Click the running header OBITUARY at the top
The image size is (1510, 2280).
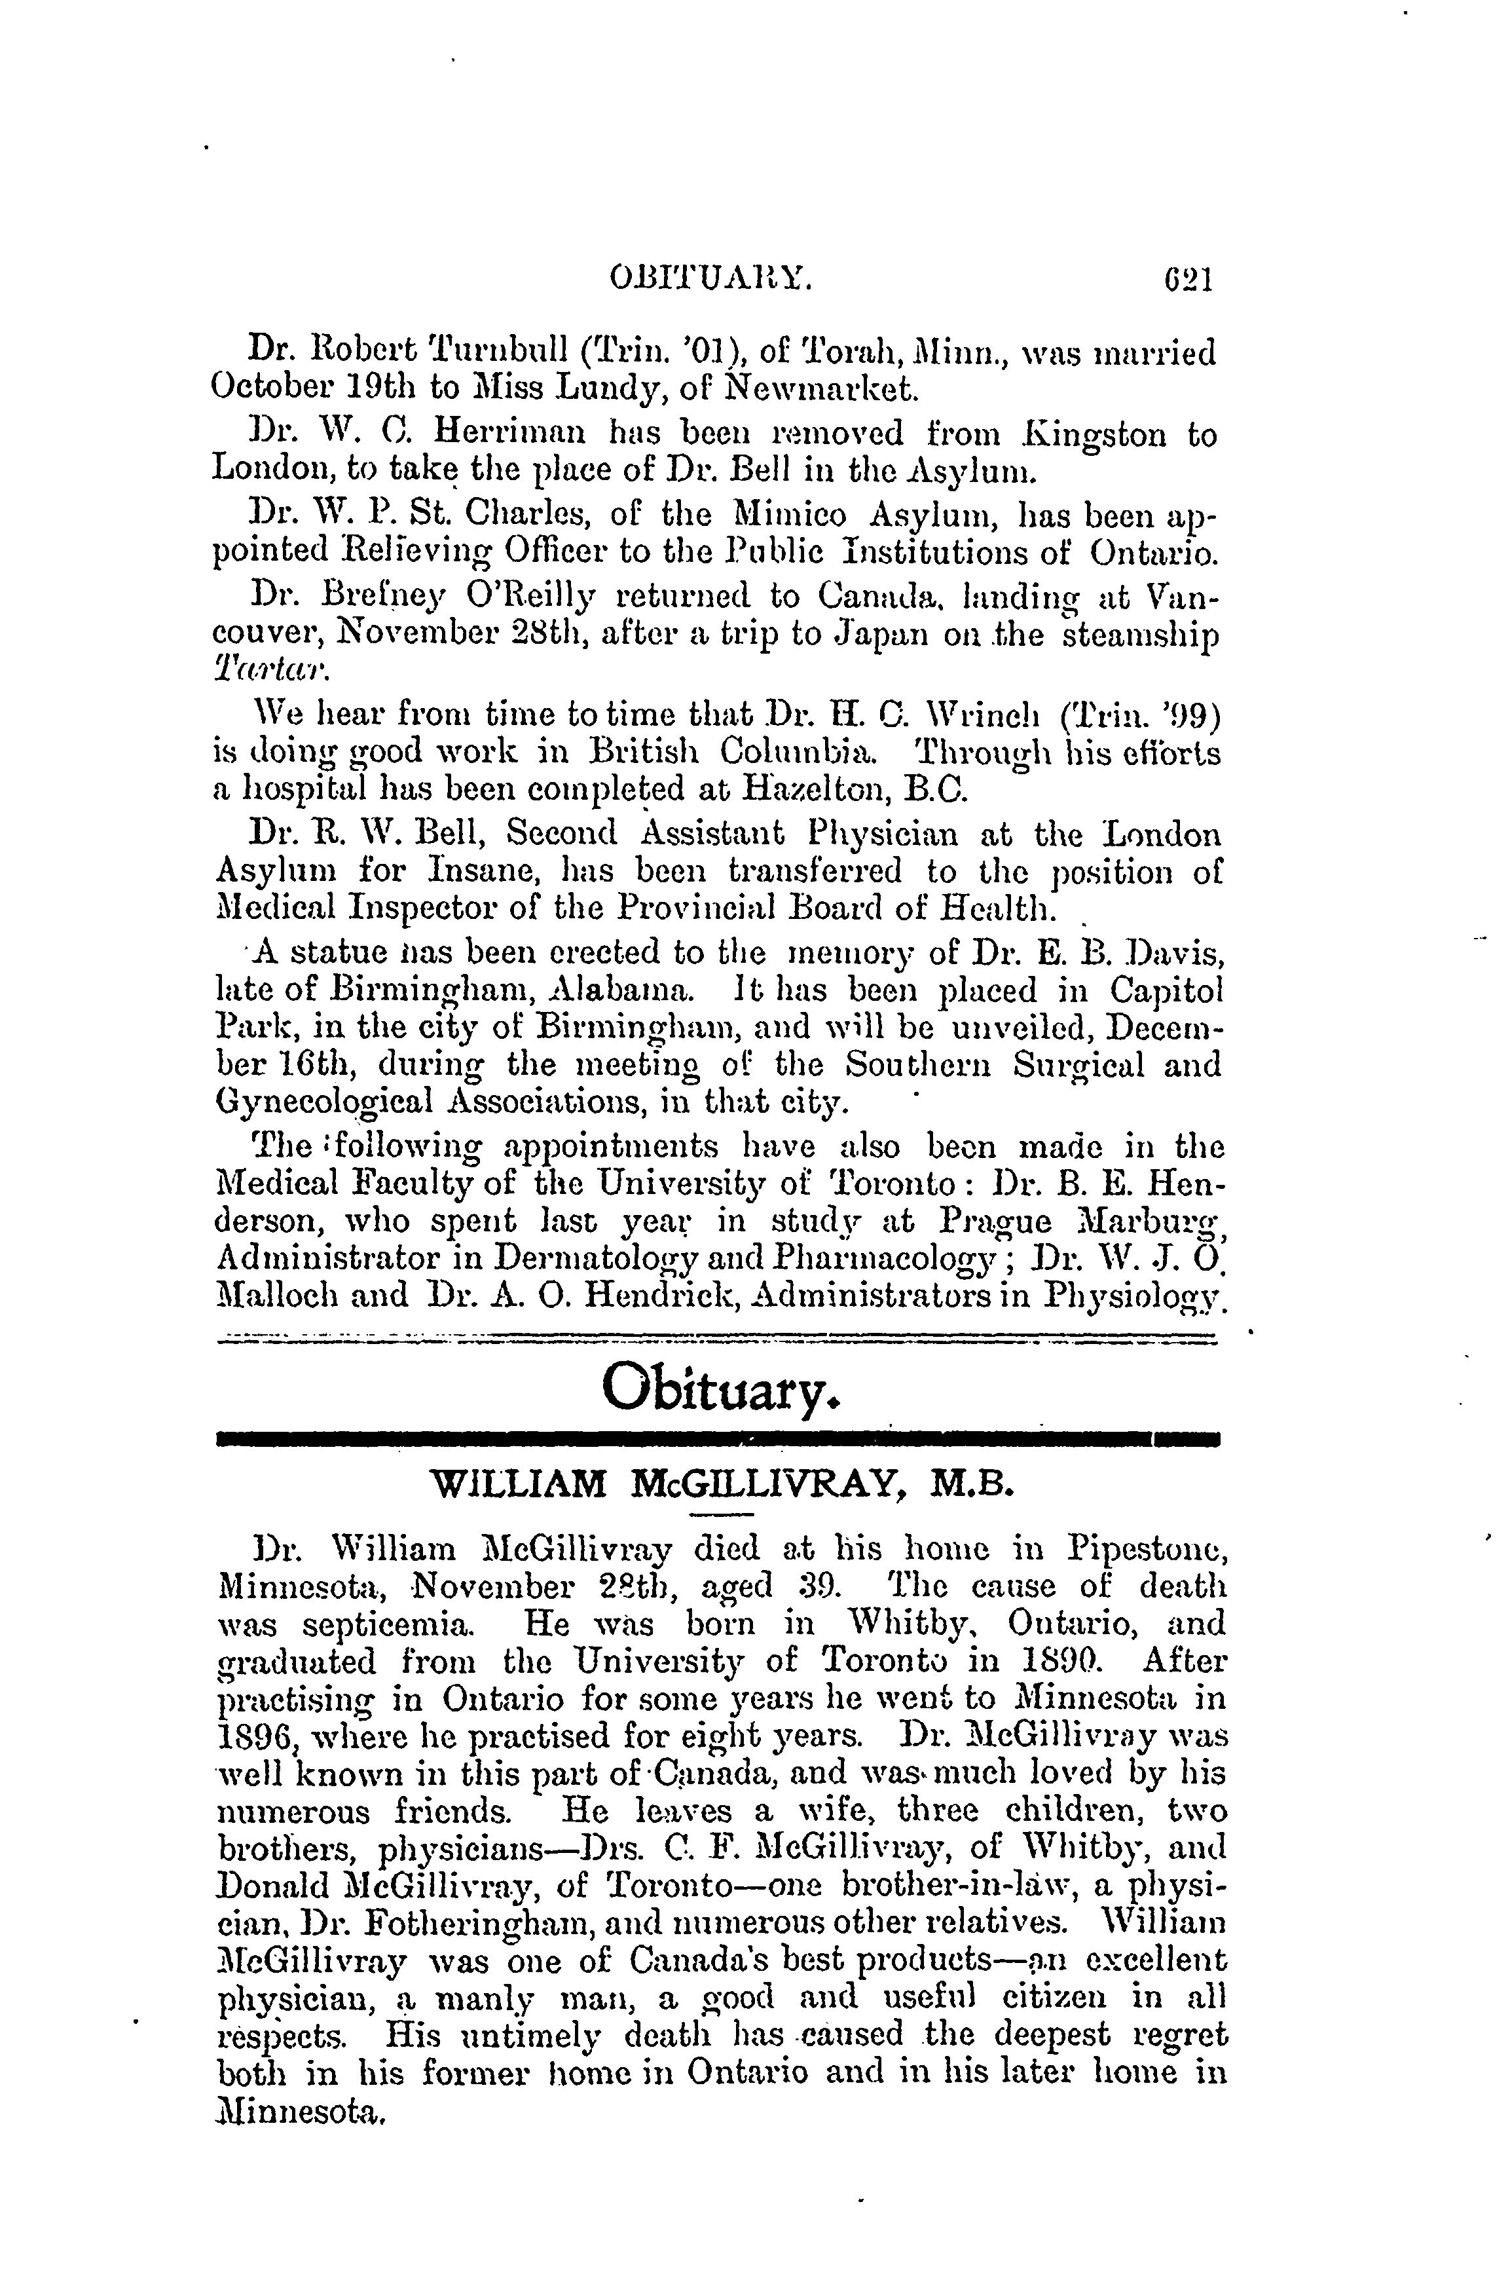coord(712,280)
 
